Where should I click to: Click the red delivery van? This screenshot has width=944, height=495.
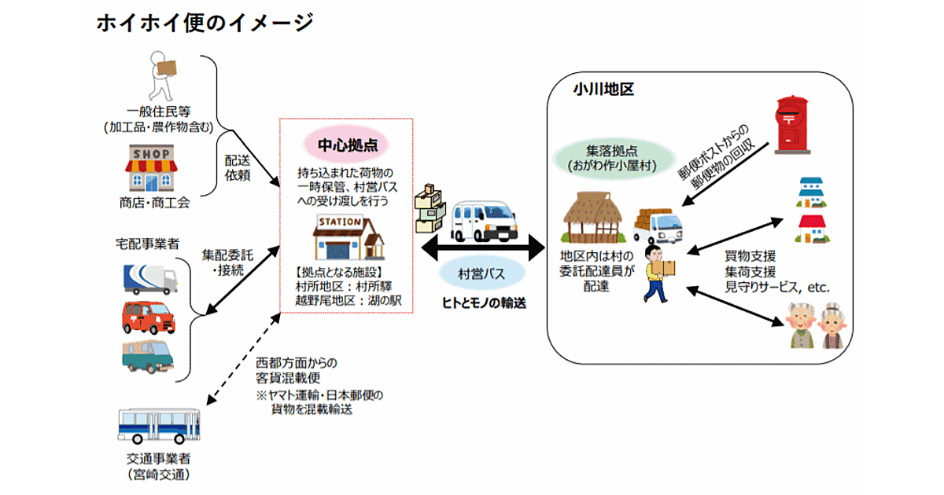click(149, 317)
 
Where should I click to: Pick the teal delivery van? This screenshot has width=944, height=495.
click(149, 355)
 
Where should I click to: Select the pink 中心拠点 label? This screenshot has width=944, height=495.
click(346, 145)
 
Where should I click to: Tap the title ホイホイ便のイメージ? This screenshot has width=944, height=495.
click(205, 23)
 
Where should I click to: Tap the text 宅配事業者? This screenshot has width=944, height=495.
click(147, 245)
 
